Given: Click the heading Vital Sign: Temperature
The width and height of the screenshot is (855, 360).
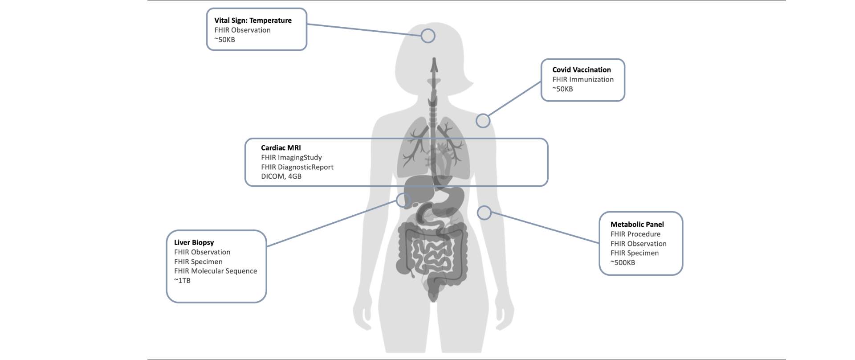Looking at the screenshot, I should coord(253,20).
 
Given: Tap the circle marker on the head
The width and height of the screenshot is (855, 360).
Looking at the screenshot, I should coord(428,36).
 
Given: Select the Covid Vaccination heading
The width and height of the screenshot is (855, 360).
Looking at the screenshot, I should coord(582,70).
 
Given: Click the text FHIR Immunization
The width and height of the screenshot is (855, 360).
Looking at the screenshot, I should coord(583,79).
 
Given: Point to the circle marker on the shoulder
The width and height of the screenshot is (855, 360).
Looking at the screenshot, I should coord(483,121).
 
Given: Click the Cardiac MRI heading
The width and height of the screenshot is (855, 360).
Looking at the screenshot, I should coord(281,148).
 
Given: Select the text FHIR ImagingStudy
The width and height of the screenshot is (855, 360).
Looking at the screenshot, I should coord(291,157).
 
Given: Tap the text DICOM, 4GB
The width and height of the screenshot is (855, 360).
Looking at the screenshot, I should coord(281,176).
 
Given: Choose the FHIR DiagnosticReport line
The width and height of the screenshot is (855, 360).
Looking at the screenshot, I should coord(297,167).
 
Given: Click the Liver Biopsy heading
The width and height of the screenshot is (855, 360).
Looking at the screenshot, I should coord(194,242).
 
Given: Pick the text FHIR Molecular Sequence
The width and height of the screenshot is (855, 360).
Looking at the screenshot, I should coord(216,271).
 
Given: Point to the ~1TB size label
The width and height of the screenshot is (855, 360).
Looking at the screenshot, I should coord(182,281).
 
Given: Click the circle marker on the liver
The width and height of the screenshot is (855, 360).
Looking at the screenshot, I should coord(403,200).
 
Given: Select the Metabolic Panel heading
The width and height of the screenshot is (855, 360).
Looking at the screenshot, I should coord(637,225).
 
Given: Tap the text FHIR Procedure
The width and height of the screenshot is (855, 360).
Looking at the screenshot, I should coord(635,234).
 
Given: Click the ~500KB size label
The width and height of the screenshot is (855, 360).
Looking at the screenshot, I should coord(623,263).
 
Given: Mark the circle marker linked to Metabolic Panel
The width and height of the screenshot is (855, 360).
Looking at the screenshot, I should coord(484,213).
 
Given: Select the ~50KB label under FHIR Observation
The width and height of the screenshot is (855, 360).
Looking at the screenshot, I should coord(224,40).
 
